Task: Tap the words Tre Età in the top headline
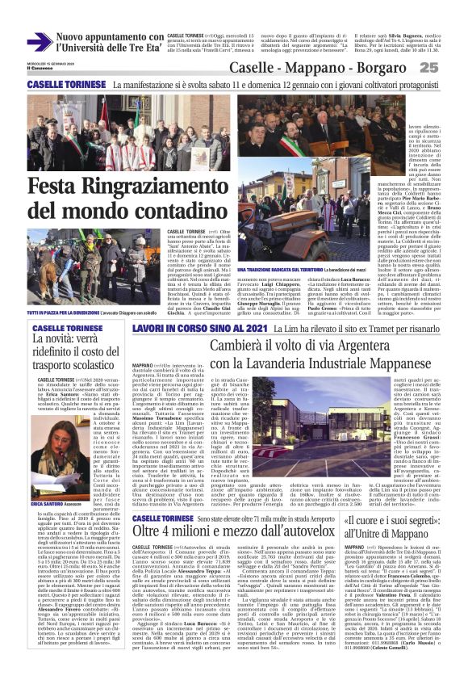pos(136,48)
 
